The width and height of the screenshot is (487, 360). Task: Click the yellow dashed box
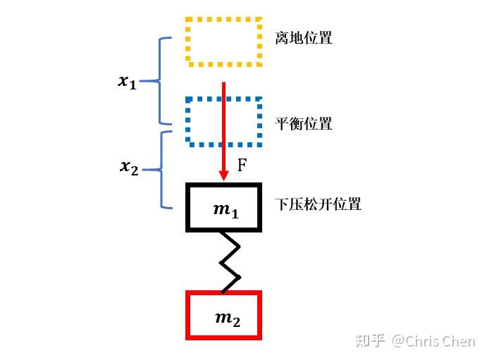point(223,41)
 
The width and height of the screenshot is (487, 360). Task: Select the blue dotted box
point(223,122)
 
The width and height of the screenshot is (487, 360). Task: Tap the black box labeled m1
point(223,207)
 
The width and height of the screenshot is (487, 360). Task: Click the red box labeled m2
point(223,315)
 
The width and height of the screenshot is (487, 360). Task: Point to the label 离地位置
point(304,38)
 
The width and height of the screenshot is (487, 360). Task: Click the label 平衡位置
point(304,124)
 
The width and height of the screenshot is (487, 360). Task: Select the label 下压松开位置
point(318,205)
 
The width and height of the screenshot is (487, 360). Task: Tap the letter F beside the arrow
point(242,166)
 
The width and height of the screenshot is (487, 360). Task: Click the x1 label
point(127,82)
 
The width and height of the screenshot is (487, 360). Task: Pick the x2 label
point(129,168)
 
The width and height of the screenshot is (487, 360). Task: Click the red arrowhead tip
point(223,178)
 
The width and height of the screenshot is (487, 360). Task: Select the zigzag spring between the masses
point(229,261)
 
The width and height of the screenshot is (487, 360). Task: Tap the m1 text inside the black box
point(226,211)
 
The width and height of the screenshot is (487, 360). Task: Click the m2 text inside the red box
point(227,318)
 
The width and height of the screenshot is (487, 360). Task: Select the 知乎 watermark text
point(371,342)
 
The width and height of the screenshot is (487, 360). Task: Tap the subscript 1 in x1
point(132,85)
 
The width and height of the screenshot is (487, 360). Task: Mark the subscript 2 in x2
point(135,170)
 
